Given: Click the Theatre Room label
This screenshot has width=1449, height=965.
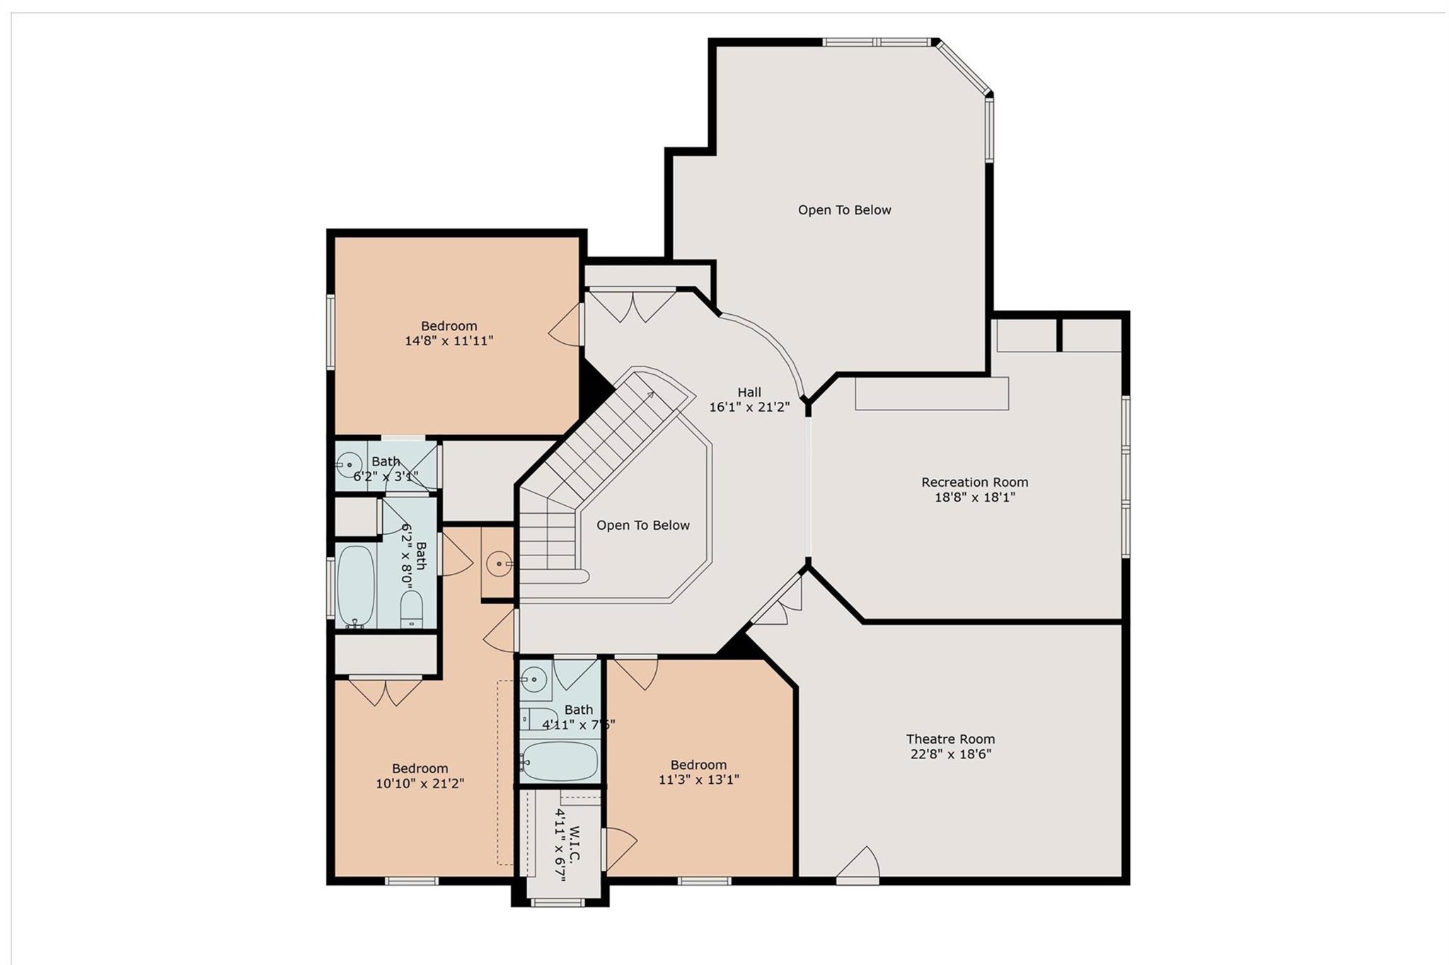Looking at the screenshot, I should (x=950, y=739).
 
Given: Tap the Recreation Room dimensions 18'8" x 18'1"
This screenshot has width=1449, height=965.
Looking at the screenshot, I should (x=974, y=497).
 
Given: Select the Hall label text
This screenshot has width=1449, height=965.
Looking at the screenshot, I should (x=749, y=392).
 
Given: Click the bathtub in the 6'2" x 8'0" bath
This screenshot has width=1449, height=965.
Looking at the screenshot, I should (x=356, y=585).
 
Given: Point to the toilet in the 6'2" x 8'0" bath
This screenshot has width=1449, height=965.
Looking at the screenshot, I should (x=411, y=608).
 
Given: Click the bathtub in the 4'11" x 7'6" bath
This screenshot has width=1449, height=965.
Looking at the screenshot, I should (x=560, y=761).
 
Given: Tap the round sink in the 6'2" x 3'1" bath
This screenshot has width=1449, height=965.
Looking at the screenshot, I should (x=349, y=465).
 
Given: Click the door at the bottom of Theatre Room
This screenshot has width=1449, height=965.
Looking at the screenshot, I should (x=859, y=865).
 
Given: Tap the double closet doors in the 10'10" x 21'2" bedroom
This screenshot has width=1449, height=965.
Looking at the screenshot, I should (x=385, y=690).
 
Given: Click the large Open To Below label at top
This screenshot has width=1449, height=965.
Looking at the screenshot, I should (x=844, y=210).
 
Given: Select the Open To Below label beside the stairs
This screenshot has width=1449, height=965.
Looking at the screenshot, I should (x=642, y=526).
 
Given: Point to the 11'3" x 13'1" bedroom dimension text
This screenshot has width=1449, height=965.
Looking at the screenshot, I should (x=698, y=780).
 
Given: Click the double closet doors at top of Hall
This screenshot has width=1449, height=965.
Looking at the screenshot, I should (x=633, y=304).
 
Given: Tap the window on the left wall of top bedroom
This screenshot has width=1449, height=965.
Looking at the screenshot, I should (x=330, y=331).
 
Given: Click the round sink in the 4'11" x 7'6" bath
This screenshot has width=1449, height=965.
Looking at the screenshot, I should (x=533, y=680).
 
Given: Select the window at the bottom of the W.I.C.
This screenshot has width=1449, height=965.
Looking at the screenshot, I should (x=558, y=902).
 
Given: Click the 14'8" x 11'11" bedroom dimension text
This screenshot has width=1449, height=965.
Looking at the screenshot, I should (x=449, y=341).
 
